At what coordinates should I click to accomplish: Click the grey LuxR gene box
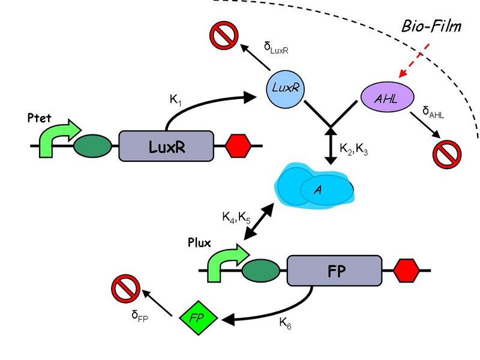pyautogui.click(x=166, y=146)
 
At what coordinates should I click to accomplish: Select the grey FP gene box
pyautogui.click(x=335, y=271)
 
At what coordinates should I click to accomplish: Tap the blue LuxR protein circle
pyautogui.click(x=285, y=88)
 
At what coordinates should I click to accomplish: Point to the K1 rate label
pyautogui.click(x=176, y=100)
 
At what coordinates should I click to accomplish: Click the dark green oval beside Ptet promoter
pyautogui.click(x=92, y=146)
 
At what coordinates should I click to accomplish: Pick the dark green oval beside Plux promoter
pyautogui.click(x=261, y=271)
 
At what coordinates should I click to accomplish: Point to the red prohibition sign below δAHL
pyautogui.click(x=446, y=154)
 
